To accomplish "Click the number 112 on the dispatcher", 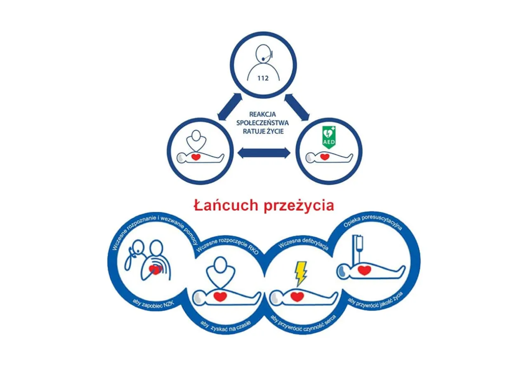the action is (263, 78).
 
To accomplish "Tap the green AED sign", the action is (329, 138).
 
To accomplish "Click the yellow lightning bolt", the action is (301, 273).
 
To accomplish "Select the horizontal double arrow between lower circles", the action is (264, 153).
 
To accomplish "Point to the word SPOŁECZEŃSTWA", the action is (262, 123).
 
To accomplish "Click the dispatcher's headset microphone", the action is (263, 58).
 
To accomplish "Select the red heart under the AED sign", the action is (325, 157).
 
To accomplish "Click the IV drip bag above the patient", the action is (359, 243).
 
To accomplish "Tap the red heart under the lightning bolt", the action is (297, 297).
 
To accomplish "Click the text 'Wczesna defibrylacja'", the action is (304, 244).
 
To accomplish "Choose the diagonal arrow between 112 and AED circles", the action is (297, 107).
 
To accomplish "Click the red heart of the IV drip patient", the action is (364, 270).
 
